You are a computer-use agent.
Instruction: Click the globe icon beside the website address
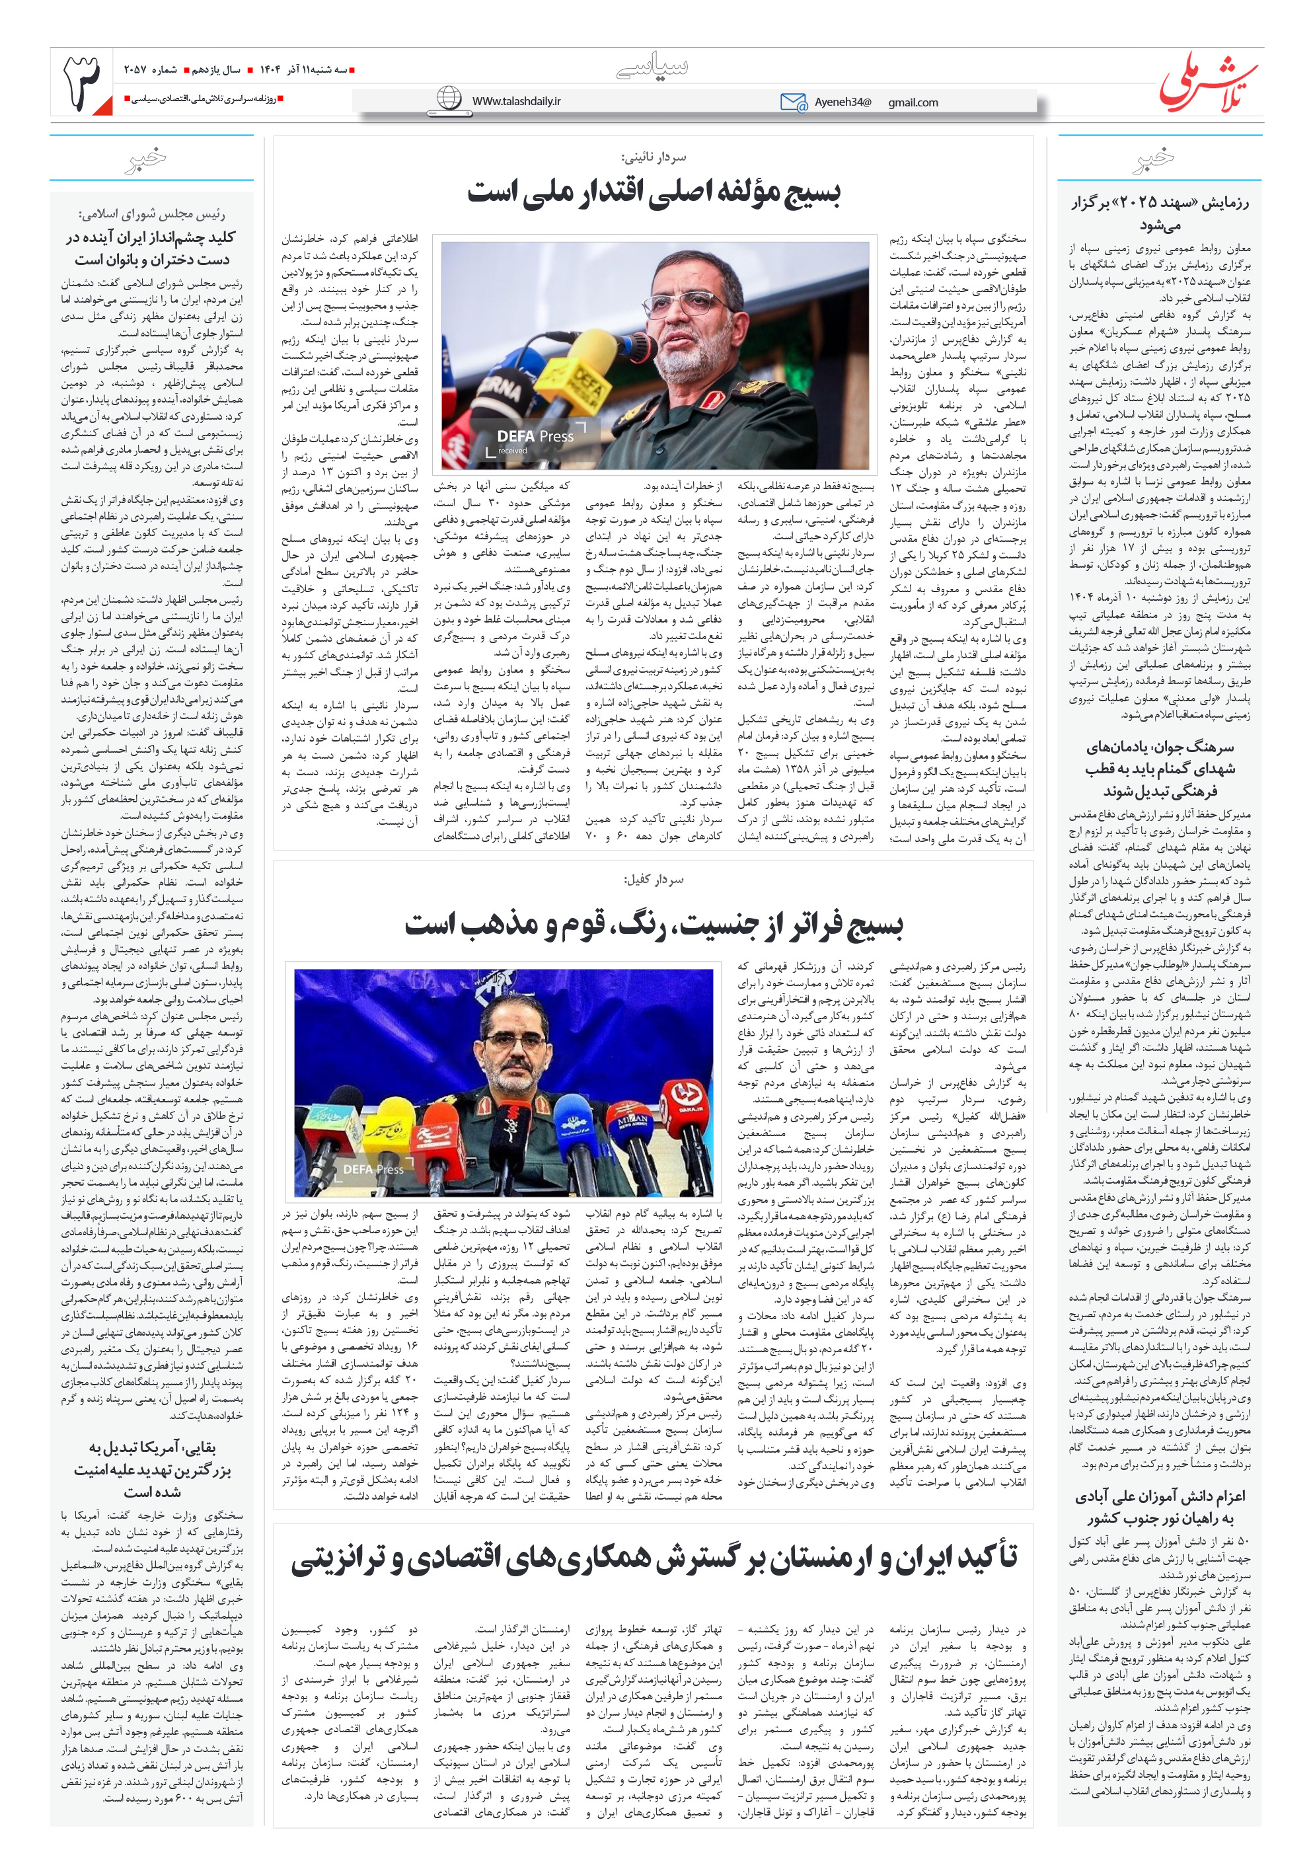coord(449,98)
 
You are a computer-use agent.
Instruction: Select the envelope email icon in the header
coord(792,102)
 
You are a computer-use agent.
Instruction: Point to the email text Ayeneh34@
coord(843,102)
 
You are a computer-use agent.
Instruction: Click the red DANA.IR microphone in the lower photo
coord(688,1104)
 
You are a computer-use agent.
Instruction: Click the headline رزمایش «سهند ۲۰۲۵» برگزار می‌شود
coord(1159,212)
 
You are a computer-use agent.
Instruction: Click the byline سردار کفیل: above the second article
coord(654,880)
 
